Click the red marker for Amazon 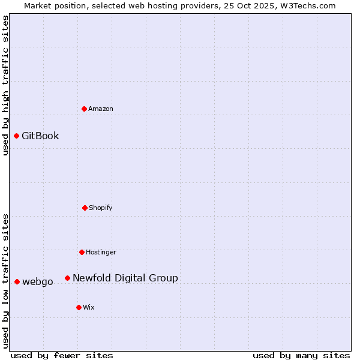coord(85,109)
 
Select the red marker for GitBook coord(16,136)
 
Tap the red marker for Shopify coord(85,208)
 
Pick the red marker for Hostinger coord(82,252)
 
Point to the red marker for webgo coord(17,281)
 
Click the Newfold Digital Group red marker coord(67,278)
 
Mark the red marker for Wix coord(79,307)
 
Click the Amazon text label coord(101,109)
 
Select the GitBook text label coord(40,136)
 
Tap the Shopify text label coord(101,208)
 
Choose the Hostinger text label coord(101,252)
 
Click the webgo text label coord(38,282)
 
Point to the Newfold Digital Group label coord(125,278)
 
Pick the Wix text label coord(89,307)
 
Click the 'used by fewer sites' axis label coord(62,355)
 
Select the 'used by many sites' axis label coord(301,355)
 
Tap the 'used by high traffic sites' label coord(5,85)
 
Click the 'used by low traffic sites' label coord(5,281)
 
